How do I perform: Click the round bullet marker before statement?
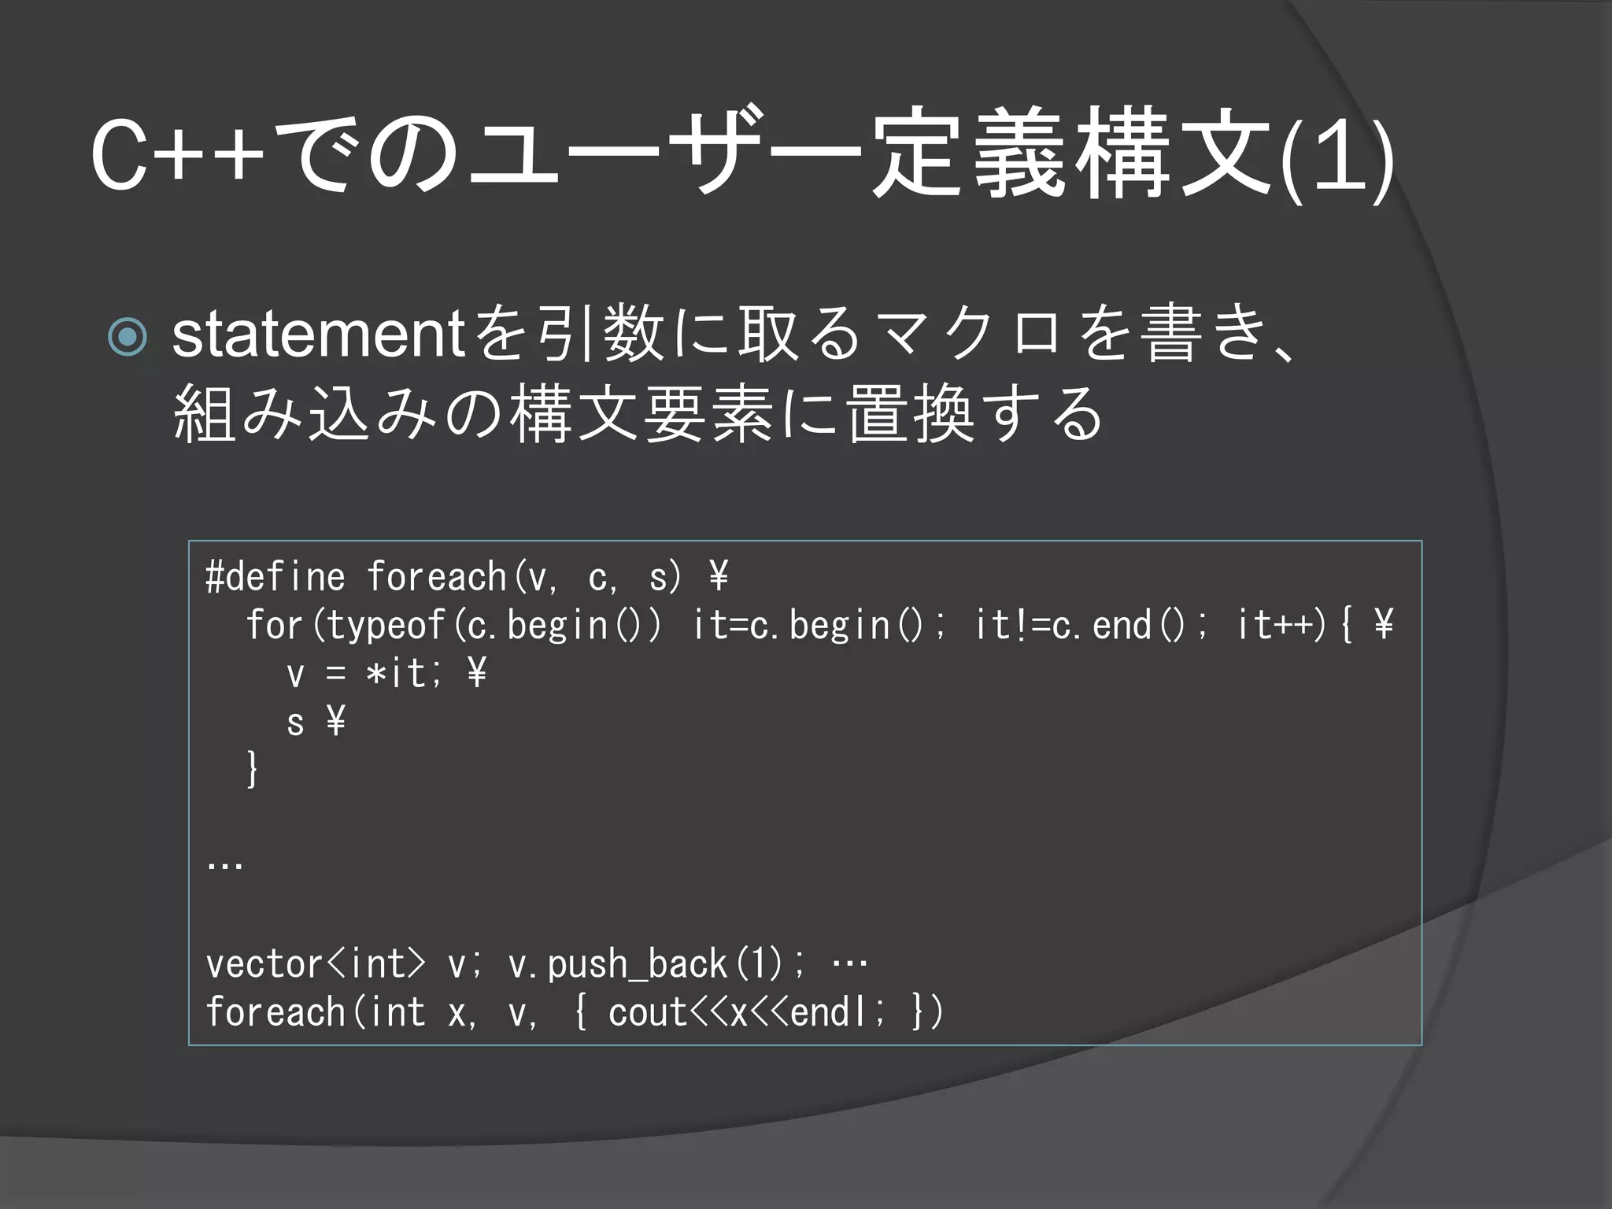(x=128, y=337)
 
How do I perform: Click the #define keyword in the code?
(x=275, y=577)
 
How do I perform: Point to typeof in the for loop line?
(x=386, y=626)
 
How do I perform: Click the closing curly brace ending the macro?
(x=252, y=769)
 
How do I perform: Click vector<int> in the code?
(x=315, y=964)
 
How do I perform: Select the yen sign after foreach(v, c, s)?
(x=718, y=577)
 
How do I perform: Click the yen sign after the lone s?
(x=335, y=721)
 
